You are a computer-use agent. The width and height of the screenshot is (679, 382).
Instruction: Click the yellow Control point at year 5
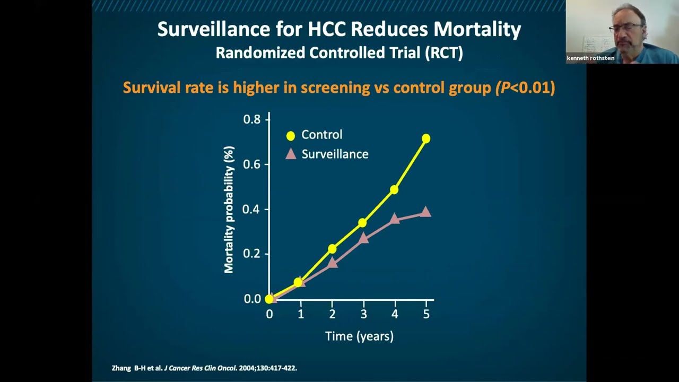[x=425, y=138]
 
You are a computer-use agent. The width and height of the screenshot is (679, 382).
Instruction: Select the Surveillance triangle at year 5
[x=425, y=212]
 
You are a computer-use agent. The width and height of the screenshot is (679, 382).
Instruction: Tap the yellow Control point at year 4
[x=394, y=189]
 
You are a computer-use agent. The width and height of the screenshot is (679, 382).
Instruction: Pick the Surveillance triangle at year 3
[x=363, y=238]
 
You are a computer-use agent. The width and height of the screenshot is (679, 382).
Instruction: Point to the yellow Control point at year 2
[x=332, y=249]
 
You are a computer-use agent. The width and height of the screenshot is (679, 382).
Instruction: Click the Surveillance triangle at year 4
[x=394, y=219]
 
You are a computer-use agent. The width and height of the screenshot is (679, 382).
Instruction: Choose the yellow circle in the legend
[x=291, y=136]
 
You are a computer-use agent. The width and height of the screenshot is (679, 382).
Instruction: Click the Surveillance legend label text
[x=335, y=154]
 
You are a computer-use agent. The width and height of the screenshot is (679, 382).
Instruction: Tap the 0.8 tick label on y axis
[x=252, y=119]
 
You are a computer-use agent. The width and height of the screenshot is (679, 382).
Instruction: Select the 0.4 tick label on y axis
[x=252, y=210]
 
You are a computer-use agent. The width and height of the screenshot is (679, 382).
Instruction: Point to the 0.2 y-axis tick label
[x=252, y=254]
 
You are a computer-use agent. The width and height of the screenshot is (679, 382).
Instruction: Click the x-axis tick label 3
[x=363, y=314]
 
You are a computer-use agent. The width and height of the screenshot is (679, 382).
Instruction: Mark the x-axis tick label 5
[x=426, y=314]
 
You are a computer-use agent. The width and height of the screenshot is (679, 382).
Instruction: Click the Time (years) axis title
[x=359, y=336]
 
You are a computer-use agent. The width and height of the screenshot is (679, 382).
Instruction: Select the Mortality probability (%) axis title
[x=229, y=210]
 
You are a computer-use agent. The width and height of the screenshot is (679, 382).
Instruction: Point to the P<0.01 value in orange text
[x=525, y=88]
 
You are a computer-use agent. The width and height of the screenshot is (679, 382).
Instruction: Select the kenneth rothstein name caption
[x=590, y=58]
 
